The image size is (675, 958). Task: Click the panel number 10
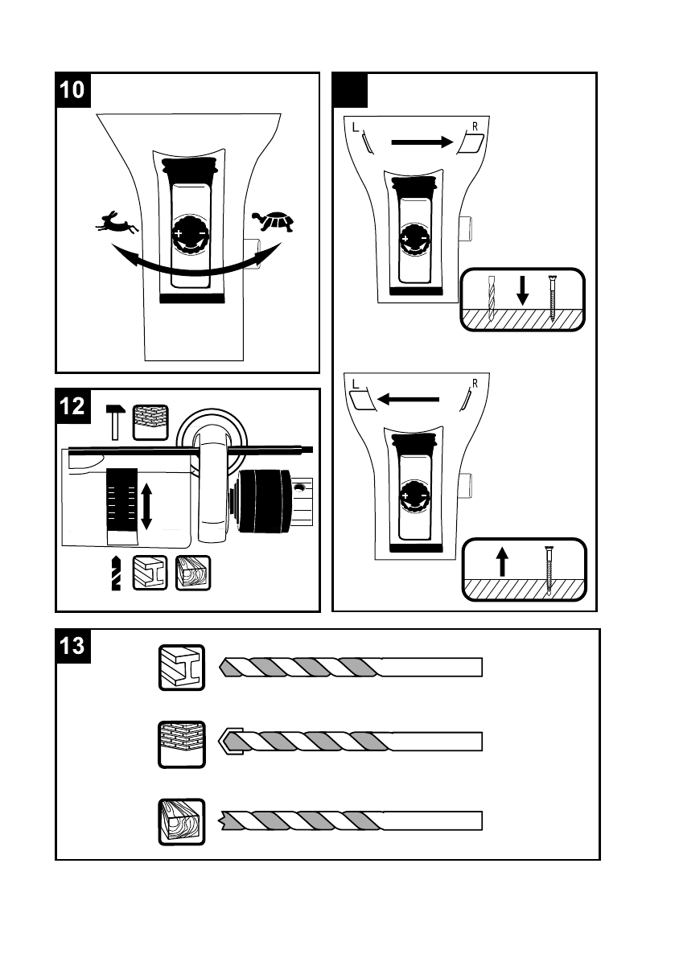(72, 90)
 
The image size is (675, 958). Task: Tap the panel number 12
(72, 405)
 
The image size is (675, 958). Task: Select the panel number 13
(72, 646)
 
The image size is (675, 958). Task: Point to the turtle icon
(273, 220)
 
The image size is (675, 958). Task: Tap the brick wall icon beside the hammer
(150, 422)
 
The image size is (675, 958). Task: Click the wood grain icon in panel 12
(193, 573)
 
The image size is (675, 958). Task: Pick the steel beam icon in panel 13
(182, 667)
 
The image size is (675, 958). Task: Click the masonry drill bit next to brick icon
(350, 742)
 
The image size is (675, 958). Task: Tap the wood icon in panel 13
(182, 822)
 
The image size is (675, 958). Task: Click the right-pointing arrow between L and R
(422, 142)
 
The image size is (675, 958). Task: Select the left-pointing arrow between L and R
(408, 400)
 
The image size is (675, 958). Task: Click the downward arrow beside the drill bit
(522, 290)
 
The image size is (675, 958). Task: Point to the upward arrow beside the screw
(502, 561)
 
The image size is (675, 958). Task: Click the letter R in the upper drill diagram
(475, 127)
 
